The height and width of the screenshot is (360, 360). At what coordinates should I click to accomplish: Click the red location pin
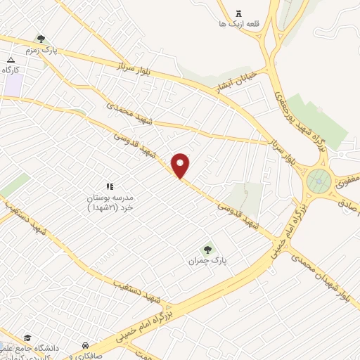[181, 166]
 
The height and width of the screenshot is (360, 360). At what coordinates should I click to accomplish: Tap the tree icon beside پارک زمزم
[42, 39]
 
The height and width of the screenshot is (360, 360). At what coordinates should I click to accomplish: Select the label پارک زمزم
[40, 51]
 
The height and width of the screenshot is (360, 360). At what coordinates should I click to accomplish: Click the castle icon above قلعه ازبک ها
[238, 13]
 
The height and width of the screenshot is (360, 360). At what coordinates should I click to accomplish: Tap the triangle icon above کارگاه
[11, 59]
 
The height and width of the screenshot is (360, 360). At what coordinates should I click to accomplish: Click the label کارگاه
[10, 70]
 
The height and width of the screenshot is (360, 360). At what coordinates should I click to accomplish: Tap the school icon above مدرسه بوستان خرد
[109, 186]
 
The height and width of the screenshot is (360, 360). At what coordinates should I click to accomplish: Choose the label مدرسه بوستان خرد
[109, 202]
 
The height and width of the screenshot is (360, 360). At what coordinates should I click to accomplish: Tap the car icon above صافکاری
[85, 345]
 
